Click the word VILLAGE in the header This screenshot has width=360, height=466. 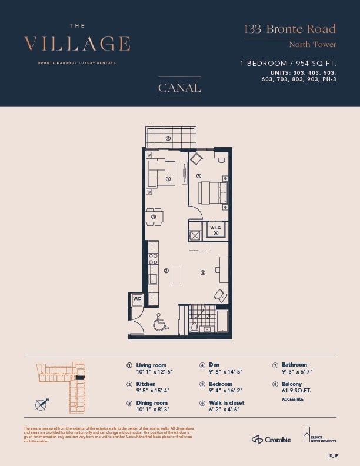(77, 44)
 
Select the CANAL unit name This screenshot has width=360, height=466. (179, 88)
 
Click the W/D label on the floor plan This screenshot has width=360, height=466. (136, 298)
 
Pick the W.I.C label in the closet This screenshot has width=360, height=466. (215, 227)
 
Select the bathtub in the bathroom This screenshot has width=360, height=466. (223, 322)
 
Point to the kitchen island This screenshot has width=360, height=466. (176, 274)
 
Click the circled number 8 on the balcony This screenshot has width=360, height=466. (168, 139)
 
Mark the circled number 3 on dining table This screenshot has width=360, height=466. (154, 217)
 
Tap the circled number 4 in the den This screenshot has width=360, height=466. (202, 272)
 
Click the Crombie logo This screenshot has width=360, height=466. (271, 440)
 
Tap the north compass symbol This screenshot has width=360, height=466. (41, 404)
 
